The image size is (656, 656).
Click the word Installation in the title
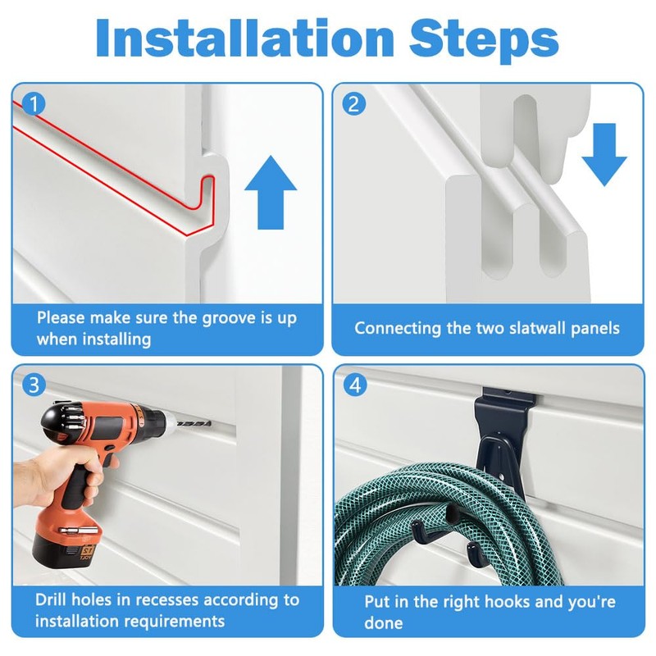(244, 38)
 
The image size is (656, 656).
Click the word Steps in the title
(484, 40)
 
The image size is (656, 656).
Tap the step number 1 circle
(34, 104)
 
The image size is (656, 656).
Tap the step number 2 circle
(354, 104)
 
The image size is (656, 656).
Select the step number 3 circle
(34, 385)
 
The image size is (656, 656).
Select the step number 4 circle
(355, 385)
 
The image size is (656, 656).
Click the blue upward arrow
(271, 192)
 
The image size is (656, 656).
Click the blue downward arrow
(604, 154)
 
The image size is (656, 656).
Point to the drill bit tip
(210, 425)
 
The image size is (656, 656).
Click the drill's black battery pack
(66, 549)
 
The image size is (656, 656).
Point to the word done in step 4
(384, 622)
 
